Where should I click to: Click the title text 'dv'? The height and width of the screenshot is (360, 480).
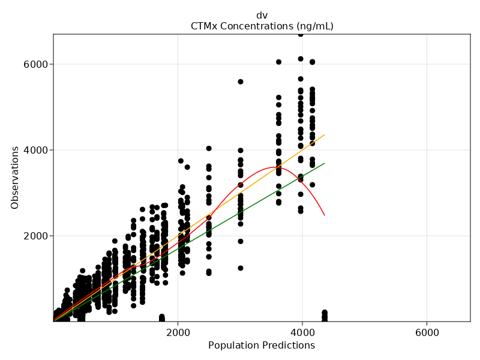[262, 15]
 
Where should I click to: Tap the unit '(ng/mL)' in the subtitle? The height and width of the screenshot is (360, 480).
[314, 26]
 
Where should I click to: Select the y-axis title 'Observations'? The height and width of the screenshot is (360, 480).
[15, 178]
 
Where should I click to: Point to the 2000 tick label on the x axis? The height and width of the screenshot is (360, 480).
[178, 331]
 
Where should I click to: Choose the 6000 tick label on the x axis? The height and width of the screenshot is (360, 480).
[427, 331]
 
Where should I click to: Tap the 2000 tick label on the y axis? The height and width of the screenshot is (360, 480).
[36, 236]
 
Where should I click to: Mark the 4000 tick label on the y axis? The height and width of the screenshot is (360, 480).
[36, 150]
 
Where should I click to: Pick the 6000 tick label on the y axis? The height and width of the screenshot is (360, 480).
[36, 64]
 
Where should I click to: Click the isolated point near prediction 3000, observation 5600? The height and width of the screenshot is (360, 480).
[241, 82]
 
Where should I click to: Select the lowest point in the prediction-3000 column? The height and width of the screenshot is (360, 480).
[241, 268]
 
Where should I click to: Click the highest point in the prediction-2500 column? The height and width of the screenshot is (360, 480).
[209, 148]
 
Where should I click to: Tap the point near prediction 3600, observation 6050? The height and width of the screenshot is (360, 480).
[278, 62]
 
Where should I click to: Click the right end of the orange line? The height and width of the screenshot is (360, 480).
[325, 134]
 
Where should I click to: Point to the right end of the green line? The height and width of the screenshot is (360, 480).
[325, 163]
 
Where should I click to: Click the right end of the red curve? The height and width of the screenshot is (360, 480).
[325, 215]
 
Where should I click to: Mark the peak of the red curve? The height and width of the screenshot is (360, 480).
[277, 167]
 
